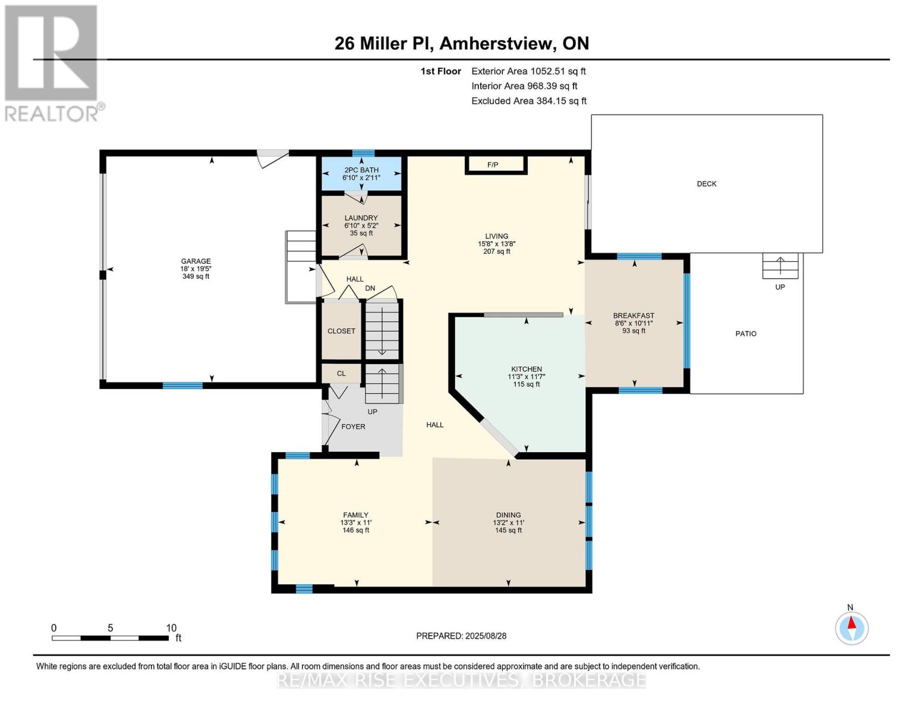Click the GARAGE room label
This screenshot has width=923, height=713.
[x=196, y=261]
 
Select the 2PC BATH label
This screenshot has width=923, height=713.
[x=361, y=170]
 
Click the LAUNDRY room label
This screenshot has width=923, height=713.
[x=361, y=218]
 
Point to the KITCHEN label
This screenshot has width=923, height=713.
[x=526, y=369]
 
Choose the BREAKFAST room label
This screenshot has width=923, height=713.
[x=634, y=316]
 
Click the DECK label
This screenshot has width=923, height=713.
[x=706, y=184]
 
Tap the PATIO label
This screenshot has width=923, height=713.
[x=745, y=334]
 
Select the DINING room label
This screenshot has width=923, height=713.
[x=508, y=515]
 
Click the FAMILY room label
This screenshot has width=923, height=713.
[x=355, y=515]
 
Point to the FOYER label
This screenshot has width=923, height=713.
[x=353, y=427]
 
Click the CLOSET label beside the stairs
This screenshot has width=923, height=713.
[x=341, y=331]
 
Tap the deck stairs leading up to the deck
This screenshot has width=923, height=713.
[x=780, y=266]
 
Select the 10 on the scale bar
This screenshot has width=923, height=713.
[x=171, y=628]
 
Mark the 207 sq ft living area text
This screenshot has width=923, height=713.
[x=496, y=251]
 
